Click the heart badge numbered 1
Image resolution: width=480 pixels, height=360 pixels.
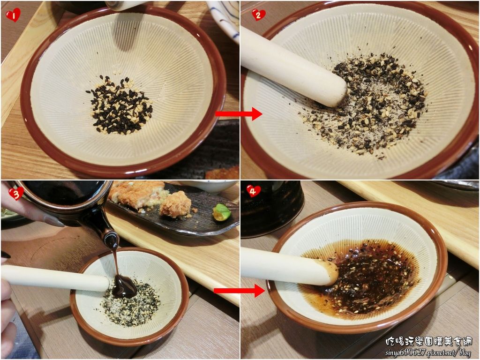tap(13, 15)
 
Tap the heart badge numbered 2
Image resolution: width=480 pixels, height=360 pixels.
tap(258, 15)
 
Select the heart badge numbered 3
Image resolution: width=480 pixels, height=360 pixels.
tap(16, 193)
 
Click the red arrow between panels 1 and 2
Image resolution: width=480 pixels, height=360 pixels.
tap(239, 114)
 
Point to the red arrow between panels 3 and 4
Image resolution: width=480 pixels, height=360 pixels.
tap(239, 290)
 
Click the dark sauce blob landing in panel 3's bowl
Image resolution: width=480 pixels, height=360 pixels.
tap(124, 286)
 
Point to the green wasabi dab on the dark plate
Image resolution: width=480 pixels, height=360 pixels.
tap(222, 212)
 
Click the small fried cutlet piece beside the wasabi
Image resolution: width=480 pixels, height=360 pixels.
tap(175, 204)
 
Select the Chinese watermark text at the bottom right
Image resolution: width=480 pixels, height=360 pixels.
tap(428, 341)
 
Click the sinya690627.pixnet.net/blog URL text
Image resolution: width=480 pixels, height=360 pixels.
tap(428, 352)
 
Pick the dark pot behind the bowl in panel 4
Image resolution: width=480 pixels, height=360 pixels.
tap(272, 208)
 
